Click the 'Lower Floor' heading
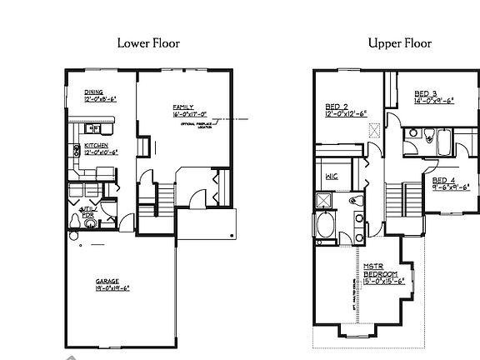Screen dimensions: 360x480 point(149,43)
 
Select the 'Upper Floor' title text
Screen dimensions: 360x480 point(399,43)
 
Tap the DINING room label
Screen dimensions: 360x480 point(93,93)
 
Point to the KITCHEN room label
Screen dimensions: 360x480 point(95,146)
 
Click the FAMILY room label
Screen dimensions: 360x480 point(183,107)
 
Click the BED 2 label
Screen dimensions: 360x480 point(337,107)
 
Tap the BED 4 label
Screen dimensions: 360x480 point(442,180)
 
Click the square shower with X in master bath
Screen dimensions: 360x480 point(323,200)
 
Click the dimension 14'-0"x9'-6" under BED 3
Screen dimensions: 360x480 point(433,101)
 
